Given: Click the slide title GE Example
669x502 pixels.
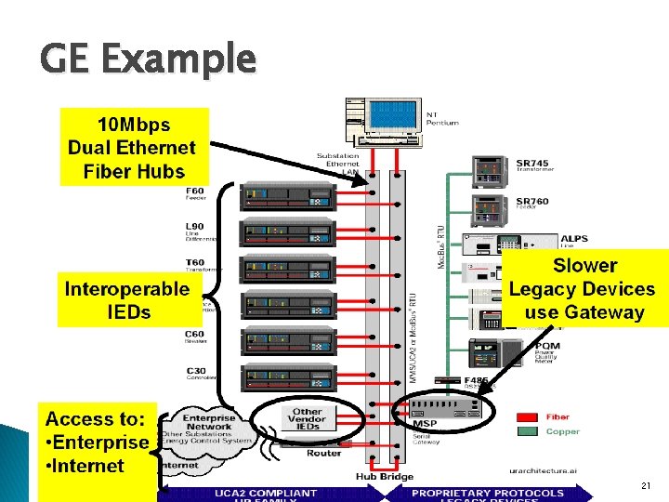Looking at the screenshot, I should tap(148, 59).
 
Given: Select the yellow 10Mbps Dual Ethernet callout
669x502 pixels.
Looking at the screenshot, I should tap(134, 147).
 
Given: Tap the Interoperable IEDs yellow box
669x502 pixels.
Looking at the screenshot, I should tap(127, 299).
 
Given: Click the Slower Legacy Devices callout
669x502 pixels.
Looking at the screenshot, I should tap(584, 288).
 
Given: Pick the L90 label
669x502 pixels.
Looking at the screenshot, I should tap(195, 227).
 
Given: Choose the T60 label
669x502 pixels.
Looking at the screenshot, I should tap(195, 263).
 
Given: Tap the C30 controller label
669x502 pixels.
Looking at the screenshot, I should tap(195, 371).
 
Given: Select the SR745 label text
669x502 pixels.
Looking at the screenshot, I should tap(532, 164).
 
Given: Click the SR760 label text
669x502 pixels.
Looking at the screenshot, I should tap(532, 201).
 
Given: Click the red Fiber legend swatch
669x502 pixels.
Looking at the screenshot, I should tap(530, 417).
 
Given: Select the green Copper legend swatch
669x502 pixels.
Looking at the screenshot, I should tap(530, 431).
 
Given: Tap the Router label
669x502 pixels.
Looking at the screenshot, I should tap(324, 453).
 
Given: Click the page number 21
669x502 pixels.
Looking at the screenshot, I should tap(646, 486).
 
